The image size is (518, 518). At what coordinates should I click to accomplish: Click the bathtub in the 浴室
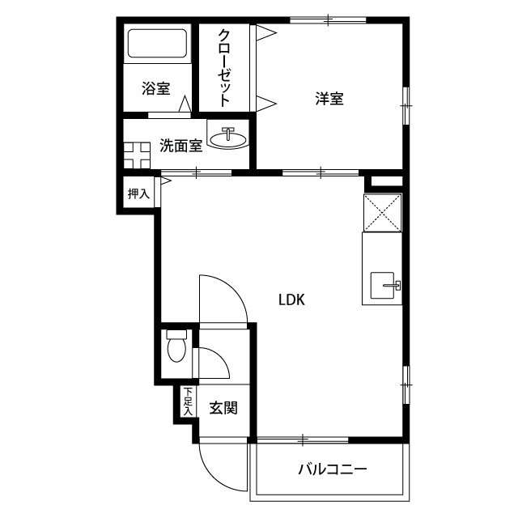point(158,44)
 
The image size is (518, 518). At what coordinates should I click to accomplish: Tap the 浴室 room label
point(156,88)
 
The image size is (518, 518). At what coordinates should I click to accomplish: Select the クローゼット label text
point(224,68)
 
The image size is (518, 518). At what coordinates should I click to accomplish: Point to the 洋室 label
point(329,99)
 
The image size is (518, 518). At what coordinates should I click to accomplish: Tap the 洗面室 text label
point(181,146)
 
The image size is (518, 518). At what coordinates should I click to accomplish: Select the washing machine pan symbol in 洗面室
point(137,155)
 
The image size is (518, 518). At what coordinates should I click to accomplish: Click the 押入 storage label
point(138,193)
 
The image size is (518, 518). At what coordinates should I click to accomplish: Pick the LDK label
point(291,299)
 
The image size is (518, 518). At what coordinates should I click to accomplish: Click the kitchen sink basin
point(382,285)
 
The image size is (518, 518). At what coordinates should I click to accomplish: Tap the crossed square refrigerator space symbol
point(383,213)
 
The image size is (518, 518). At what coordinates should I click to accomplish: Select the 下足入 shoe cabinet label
point(188,401)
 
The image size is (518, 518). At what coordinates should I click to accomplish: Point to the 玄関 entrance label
point(223,408)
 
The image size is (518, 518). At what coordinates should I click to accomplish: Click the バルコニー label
point(333,469)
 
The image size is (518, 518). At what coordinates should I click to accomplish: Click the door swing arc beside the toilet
point(220,357)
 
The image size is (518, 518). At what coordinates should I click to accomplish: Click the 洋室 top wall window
point(328,19)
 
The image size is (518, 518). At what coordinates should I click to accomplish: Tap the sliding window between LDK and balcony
point(303,439)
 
